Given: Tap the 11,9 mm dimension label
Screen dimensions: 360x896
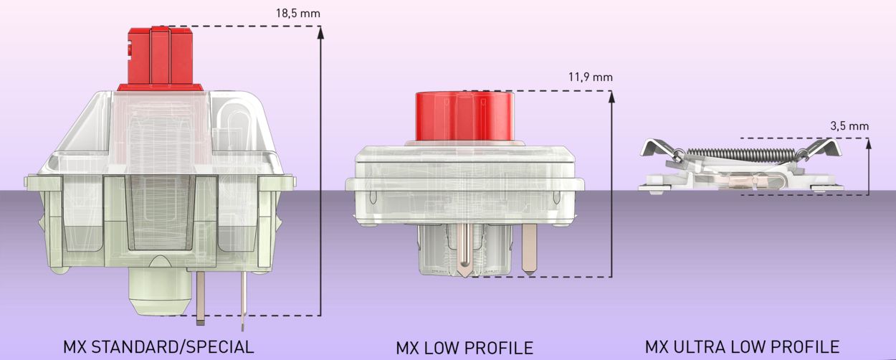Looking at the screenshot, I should (x=590, y=77).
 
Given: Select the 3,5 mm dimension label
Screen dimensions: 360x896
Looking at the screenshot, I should (x=849, y=125).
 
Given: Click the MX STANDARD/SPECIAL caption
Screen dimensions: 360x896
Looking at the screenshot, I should (x=158, y=347).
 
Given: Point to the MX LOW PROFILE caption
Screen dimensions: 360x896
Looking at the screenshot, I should (x=464, y=349).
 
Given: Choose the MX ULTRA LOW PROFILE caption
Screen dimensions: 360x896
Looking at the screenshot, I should (x=742, y=347).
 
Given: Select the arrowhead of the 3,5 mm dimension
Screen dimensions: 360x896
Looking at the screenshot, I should (x=869, y=143).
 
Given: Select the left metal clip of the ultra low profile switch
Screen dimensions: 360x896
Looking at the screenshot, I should (x=657, y=150).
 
